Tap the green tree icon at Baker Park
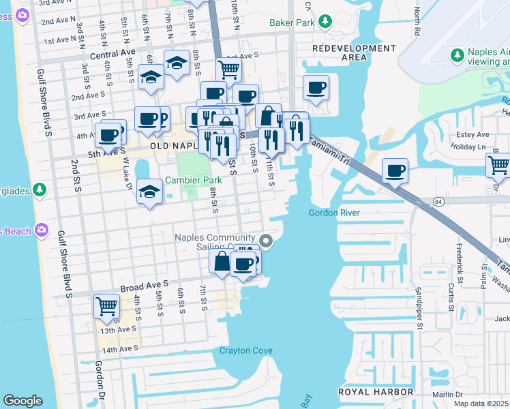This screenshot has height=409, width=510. [x=325, y=22]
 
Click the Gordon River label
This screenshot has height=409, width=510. [x=334, y=213]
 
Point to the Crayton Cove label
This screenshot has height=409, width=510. [x=245, y=351]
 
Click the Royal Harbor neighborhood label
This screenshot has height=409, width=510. [x=376, y=392]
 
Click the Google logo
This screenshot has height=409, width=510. [x=22, y=401]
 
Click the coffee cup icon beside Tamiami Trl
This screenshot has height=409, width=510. [x=395, y=170]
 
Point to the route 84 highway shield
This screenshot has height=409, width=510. [x=438, y=201]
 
